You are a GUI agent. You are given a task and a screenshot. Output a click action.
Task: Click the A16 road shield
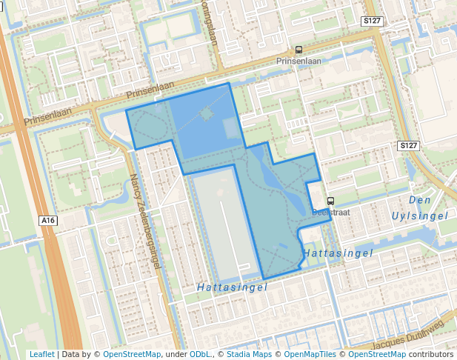click(48, 221)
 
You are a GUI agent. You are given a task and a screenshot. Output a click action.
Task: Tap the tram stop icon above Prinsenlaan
click(298, 50)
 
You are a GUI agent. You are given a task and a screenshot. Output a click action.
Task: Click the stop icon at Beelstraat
click(330, 200)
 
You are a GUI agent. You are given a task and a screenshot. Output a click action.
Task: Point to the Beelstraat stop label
click(331, 212)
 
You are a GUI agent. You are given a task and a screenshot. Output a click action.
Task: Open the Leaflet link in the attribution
click(41, 354)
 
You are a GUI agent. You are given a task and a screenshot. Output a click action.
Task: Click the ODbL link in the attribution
click(199, 354)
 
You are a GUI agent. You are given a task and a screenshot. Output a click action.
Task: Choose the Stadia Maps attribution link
click(248, 354)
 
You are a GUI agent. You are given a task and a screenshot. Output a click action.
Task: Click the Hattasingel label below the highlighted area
click(232, 287)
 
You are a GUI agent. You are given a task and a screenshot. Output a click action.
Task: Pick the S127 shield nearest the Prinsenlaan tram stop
click(373, 21)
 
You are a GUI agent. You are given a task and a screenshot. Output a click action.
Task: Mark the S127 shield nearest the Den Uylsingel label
click(408, 146)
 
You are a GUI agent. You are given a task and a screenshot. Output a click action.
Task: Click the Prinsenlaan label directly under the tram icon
click(298, 61)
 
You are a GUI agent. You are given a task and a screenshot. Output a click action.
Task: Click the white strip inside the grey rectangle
click(224, 230)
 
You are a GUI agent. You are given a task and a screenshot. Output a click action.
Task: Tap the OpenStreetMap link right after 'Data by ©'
click(132, 354)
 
